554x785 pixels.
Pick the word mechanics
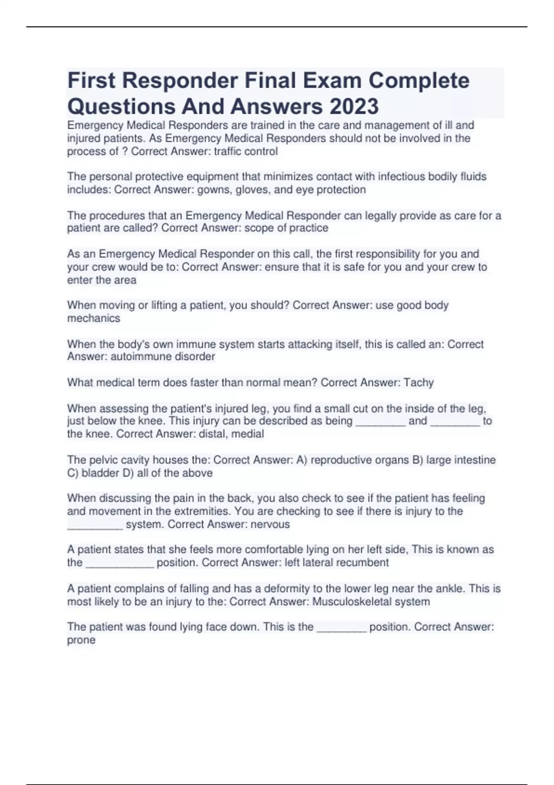(x=94, y=318)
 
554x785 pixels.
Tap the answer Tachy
(x=419, y=382)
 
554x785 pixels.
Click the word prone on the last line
(x=81, y=640)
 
